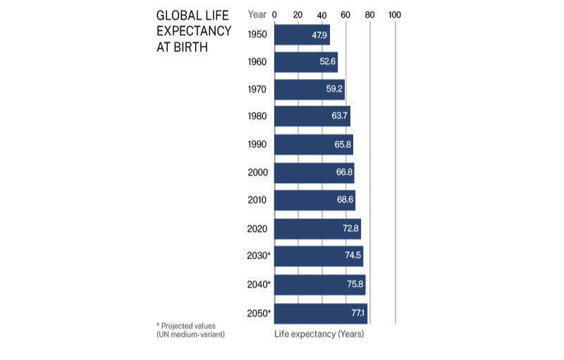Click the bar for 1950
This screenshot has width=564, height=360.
[302, 35]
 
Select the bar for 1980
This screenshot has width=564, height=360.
[312, 116]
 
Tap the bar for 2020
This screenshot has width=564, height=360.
[317, 228]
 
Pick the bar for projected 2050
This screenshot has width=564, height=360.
[320, 312]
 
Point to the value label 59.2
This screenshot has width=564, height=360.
[334, 89]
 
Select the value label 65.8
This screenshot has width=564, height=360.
[343, 144]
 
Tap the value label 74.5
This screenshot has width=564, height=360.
[353, 256]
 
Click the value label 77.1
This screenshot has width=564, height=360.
[358, 312]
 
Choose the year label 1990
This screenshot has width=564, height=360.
[257, 144]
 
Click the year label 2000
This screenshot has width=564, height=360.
[257, 173]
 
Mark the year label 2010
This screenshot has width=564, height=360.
[257, 200]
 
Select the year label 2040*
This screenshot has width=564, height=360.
[259, 284]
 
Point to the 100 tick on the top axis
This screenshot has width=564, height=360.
[394, 14]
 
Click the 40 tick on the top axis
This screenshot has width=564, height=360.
[322, 14]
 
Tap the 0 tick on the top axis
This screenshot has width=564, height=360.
[274, 14]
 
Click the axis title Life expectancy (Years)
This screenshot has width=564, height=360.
[319, 334]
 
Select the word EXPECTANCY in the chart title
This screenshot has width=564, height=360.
[193, 31]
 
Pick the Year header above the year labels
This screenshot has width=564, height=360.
[257, 14]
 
